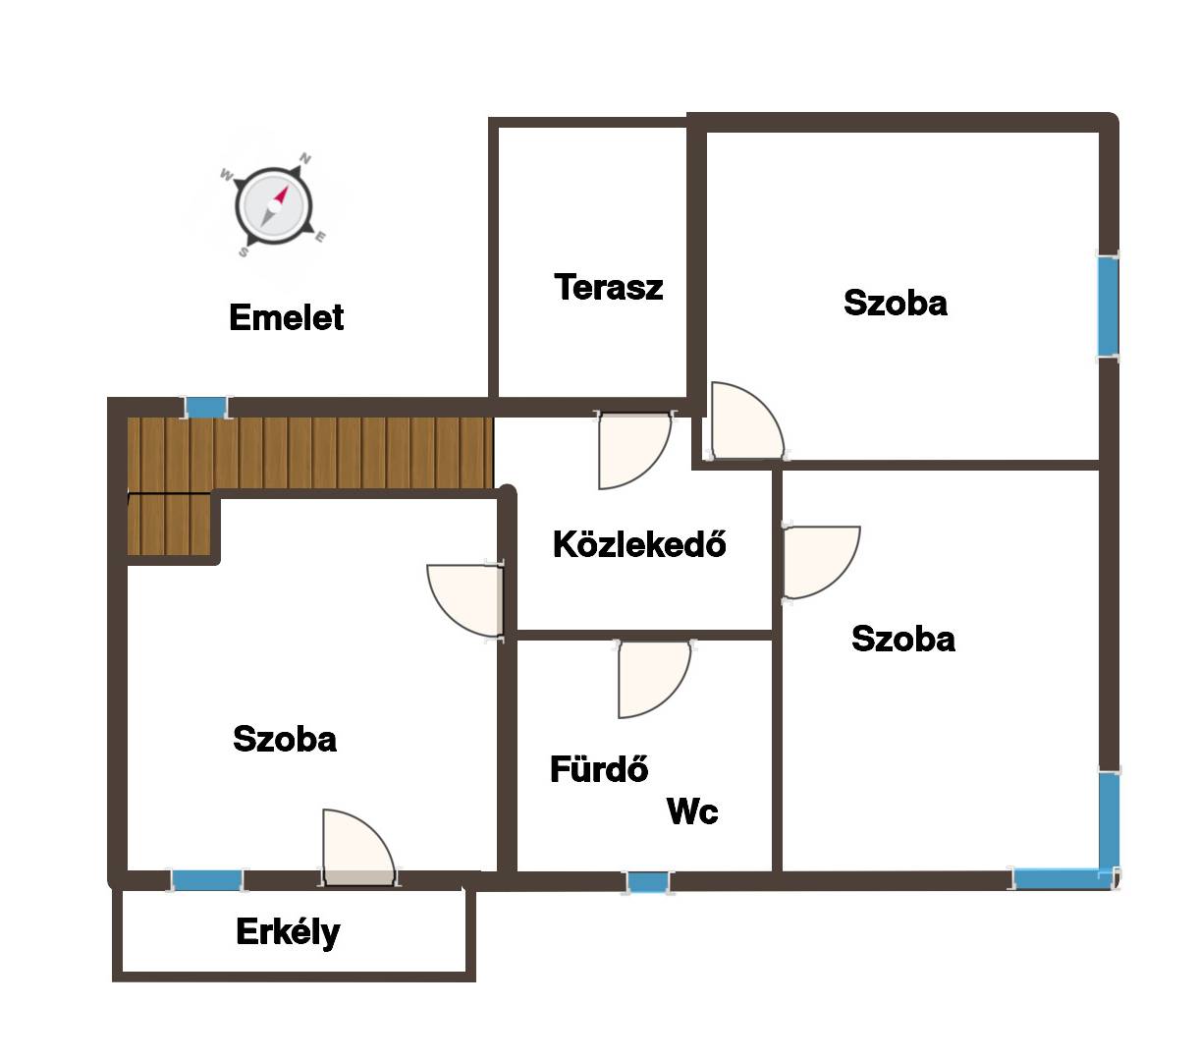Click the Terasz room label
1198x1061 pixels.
(x=608, y=287)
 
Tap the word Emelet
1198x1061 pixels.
(x=286, y=317)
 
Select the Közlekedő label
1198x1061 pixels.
(x=638, y=543)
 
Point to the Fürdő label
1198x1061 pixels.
(x=598, y=768)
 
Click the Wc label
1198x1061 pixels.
(x=692, y=810)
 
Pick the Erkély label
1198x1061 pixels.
(x=288, y=932)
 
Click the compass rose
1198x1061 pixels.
(x=273, y=206)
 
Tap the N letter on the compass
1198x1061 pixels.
(x=305, y=158)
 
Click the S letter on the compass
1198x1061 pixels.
(x=243, y=252)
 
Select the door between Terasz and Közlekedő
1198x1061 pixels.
(x=634, y=450)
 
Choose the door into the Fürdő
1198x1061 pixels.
(x=653, y=678)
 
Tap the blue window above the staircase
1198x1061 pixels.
(x=206, y=408)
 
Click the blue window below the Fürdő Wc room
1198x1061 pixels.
(x=647, y=882)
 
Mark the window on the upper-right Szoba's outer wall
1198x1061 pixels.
(x=1108, y=307)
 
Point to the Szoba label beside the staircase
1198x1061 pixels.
(x=285, y=739)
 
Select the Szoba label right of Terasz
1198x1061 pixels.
(x=896, y=303)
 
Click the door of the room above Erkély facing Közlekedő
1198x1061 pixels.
(x=465, y=600)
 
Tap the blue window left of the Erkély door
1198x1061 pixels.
(x=207, y=880)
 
